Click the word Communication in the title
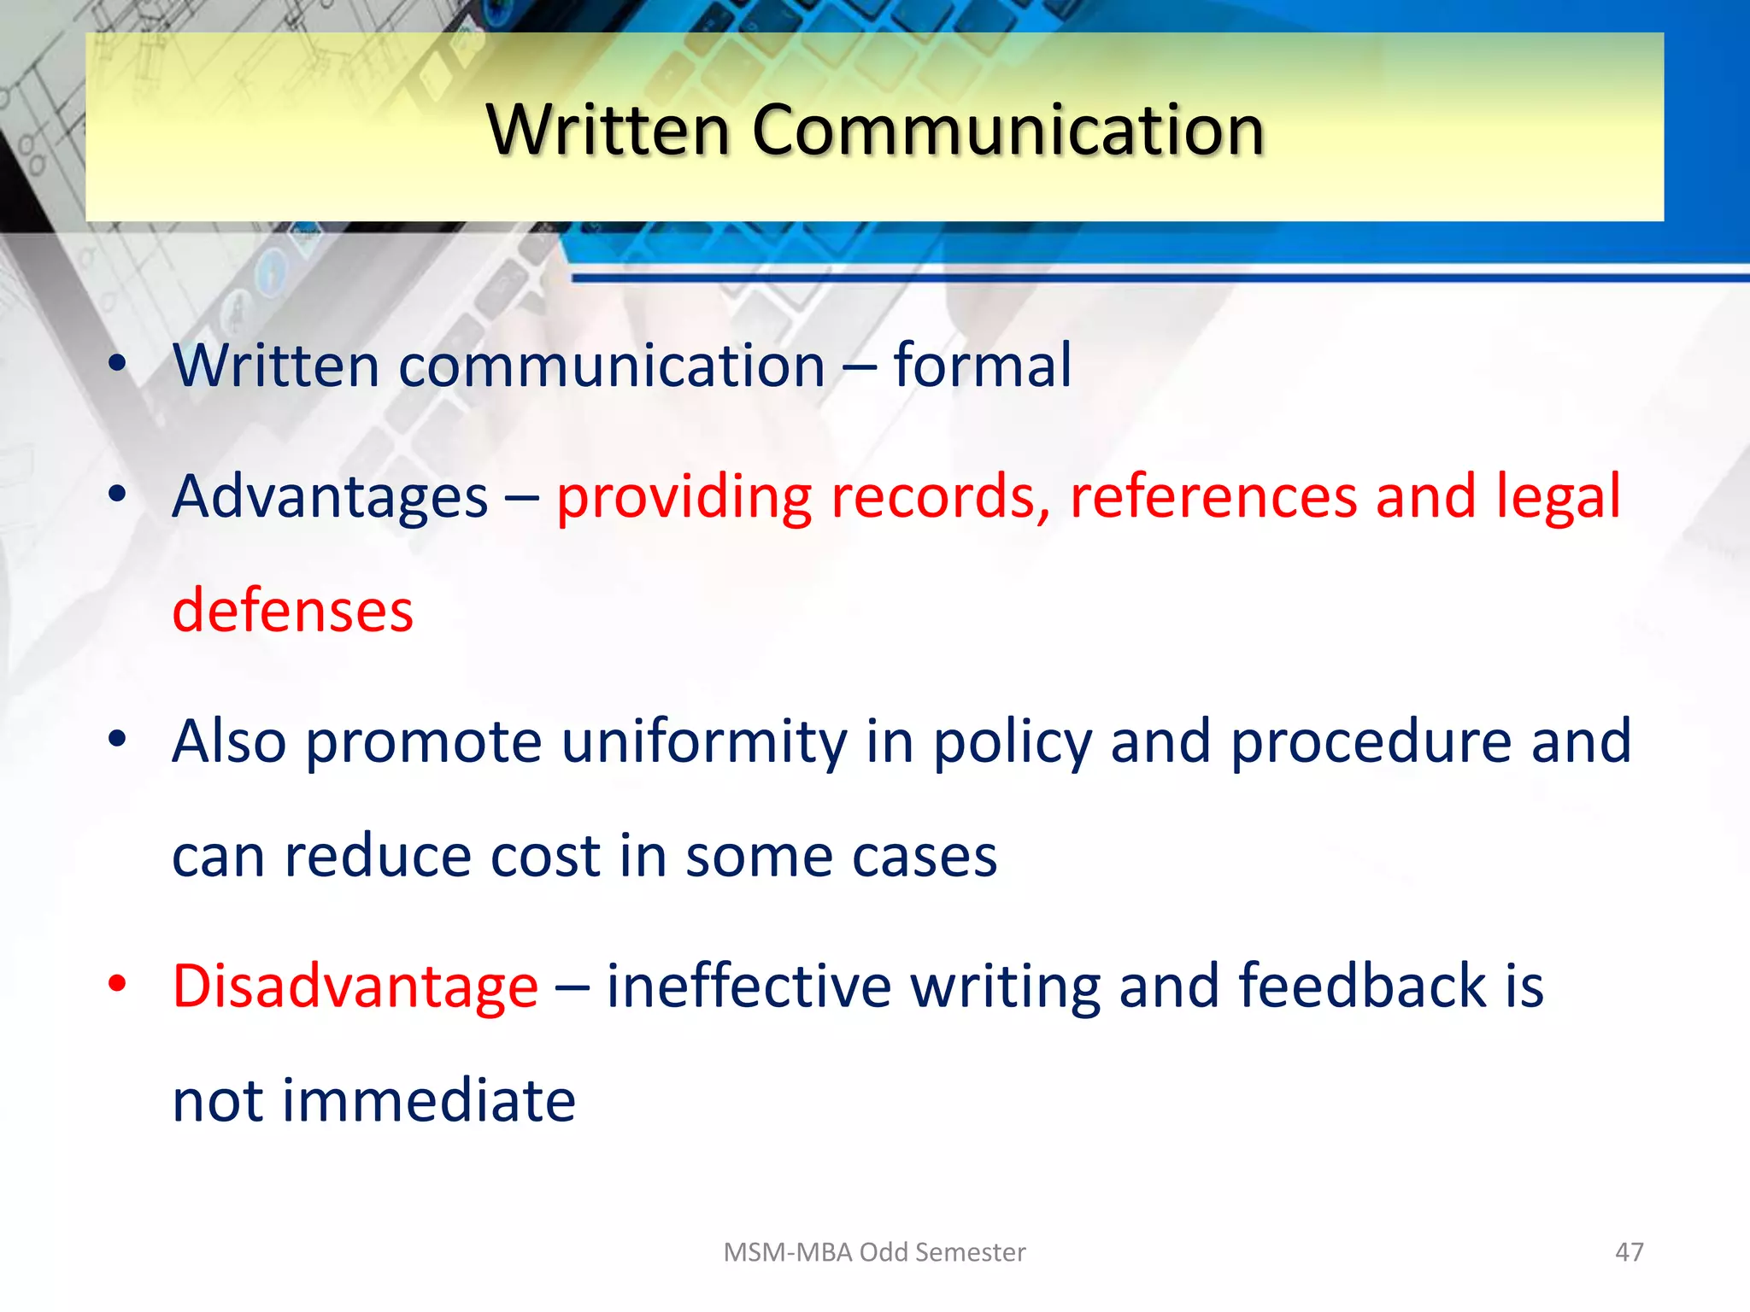[x=1007, y=130]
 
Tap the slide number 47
[x=1629, y=1251]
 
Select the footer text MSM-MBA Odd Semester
[x=874, y=1251]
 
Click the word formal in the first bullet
[x=982, y=366]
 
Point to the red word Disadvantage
[x=355, y=987]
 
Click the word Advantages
[x=330, y=497]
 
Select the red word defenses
[x=292, y=611]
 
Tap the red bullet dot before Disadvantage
[x=118, y=984]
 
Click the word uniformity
[x=703, y=741]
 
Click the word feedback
[x=1362, y=987]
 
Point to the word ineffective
[x=749, y=987]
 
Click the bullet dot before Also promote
[x=118, y=739]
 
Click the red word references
[x=1213, y=497]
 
